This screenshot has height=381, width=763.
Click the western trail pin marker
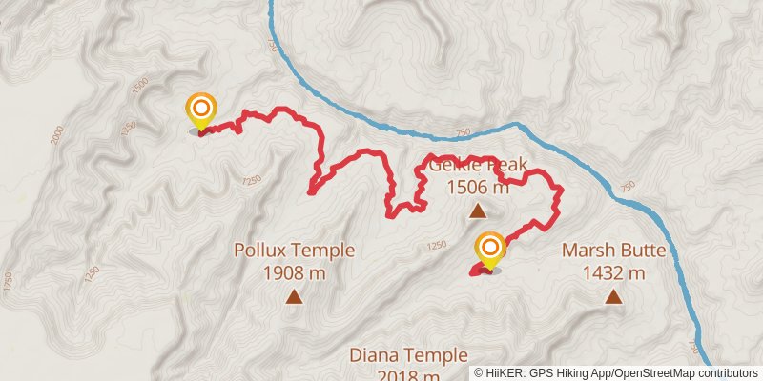point(200,110)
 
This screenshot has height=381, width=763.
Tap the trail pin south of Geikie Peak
point(490,251)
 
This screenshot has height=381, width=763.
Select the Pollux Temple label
point(295,251)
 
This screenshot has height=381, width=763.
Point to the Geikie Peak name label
point(477,165)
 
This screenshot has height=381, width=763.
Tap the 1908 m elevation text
point(295,273)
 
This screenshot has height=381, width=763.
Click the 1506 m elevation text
point(477,187)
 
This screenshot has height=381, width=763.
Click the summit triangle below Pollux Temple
point(295,297)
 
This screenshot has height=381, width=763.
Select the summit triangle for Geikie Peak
point(477,211)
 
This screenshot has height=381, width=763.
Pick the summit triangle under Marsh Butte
point(612,297)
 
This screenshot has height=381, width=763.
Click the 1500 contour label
point(140,84)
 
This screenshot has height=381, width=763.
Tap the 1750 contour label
point(9,283)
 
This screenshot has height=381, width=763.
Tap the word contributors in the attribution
point(726,372)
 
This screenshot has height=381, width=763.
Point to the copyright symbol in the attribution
point(480,372)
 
